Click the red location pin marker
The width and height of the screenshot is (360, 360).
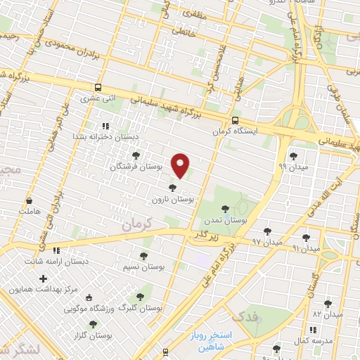tap(181, 165)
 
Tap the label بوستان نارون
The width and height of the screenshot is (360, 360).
tap(172, 200)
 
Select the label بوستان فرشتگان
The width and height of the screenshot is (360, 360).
tap(136, 167)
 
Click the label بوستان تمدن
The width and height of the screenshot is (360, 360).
tap(224, 220)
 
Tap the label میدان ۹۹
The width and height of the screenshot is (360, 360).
tap(292, 167)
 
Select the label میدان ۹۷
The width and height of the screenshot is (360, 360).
tap(267, 241)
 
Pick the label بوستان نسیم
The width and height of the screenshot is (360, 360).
tap(144, 267)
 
